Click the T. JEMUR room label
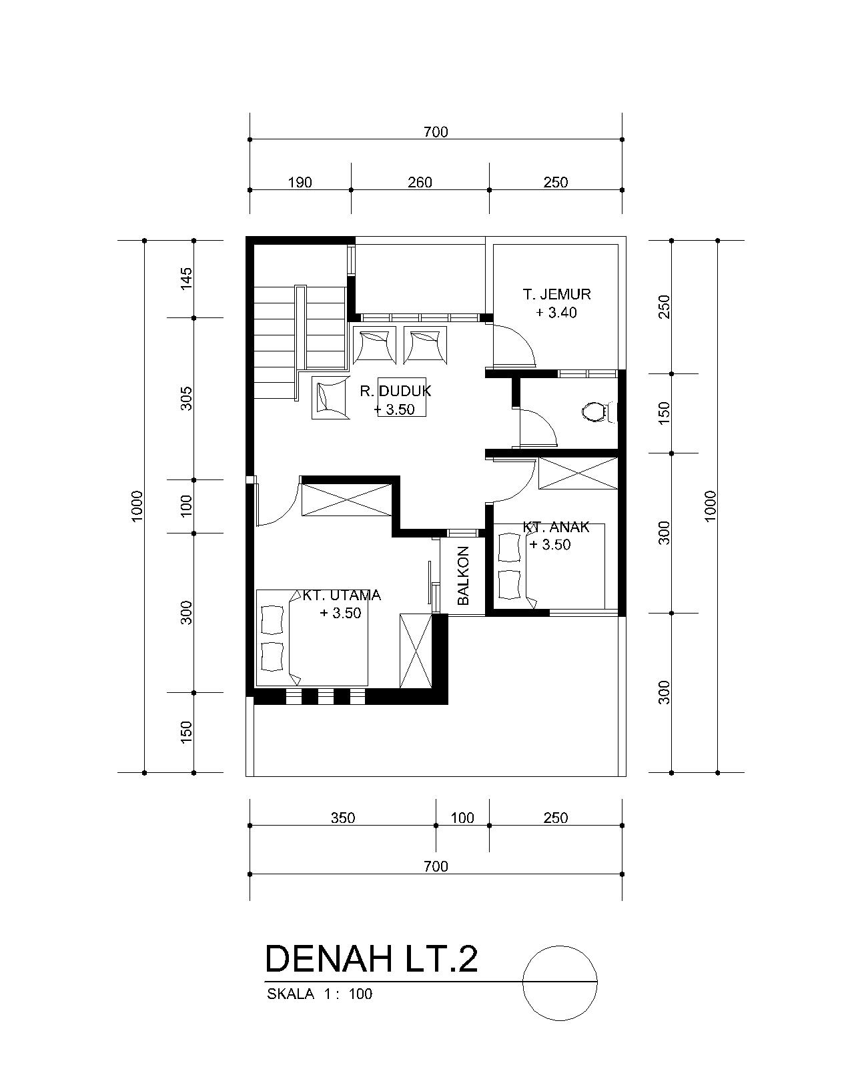556,295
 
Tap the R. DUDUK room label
396,391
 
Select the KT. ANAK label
556,527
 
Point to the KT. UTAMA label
342,595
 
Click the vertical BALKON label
462,576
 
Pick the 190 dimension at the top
300,183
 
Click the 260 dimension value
420,183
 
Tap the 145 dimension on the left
185,279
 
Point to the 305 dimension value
185,398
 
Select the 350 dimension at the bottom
343,818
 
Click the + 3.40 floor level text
556,313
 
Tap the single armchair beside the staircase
330,397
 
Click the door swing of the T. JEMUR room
514,345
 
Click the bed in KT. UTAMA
312,638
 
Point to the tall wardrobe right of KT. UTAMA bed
416,650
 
